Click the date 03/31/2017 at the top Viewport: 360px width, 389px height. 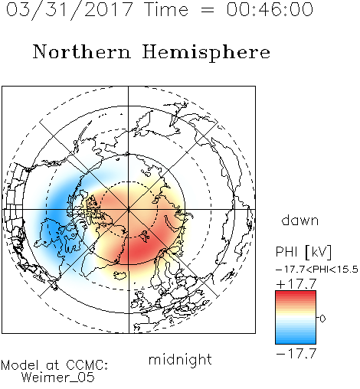69,10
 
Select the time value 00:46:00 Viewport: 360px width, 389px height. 270,9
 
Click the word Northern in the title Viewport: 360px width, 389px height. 82,51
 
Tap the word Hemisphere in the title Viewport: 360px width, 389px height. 206,53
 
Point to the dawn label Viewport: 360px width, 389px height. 300,221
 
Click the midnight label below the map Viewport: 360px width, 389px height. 180,359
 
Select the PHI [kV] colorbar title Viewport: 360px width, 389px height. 303,252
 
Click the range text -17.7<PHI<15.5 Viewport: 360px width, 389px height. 317,270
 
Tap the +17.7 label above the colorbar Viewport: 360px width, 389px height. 296,284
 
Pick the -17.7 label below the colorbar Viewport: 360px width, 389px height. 296,354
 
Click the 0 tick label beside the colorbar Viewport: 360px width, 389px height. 322,319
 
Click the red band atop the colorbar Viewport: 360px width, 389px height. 296,294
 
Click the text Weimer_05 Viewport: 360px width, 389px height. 58,377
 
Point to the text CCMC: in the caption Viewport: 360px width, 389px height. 87,365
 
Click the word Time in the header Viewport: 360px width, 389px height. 166,9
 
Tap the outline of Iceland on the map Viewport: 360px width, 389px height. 121,275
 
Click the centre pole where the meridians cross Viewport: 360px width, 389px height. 129,210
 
